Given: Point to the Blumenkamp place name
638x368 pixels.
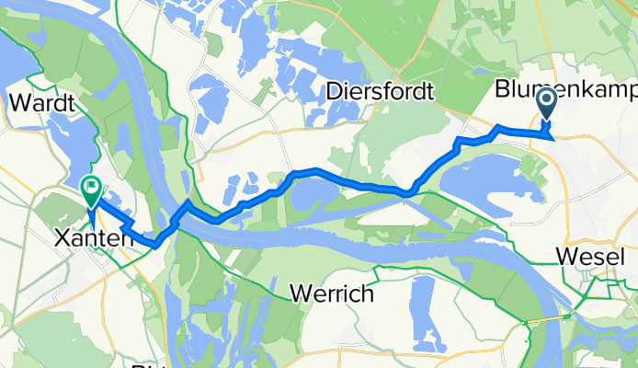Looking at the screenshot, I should click(564, 90).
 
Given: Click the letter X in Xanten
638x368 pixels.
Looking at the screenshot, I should click(62, 236).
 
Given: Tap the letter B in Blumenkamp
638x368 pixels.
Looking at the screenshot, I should click(502, 90).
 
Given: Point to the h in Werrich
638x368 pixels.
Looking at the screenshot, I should click(366, 294).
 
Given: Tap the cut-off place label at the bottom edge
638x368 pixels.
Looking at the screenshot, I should click(147, 364).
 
